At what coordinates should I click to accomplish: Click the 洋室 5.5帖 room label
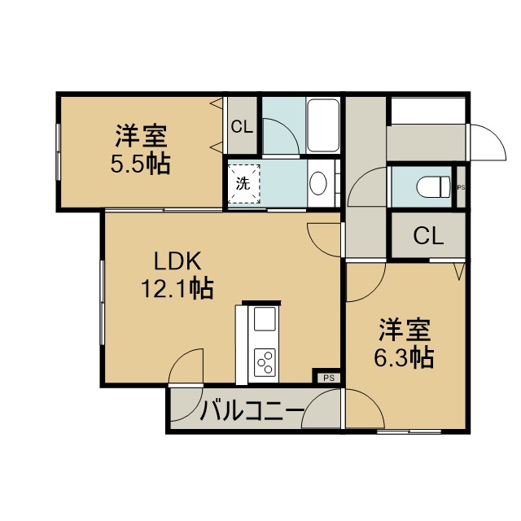(141, 150)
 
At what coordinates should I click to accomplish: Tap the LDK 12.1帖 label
(177, 274)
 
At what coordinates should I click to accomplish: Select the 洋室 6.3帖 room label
(404, 344)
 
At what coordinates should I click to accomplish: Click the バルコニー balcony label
(252, 409)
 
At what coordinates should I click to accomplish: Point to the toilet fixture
(433, 186)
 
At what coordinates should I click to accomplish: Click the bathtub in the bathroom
(323, 125)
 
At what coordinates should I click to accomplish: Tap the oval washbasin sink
(318, 183)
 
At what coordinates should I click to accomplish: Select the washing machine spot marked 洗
(243, 183)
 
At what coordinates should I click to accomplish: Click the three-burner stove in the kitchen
(265, 362)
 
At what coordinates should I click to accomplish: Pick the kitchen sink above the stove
(265, 319)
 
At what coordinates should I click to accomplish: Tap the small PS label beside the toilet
(462, 187)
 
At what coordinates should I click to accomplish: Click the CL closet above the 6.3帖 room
(429, 235)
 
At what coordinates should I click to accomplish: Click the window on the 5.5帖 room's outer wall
(58, 152)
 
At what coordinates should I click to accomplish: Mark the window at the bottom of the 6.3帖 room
(409, 432)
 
